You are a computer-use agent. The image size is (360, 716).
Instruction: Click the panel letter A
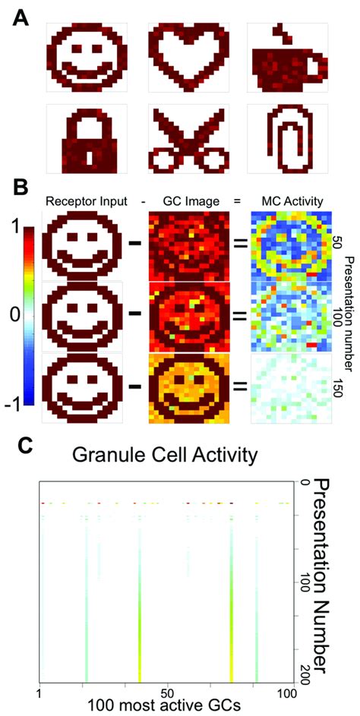(23, 17)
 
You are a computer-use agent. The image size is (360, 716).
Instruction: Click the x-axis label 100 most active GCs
(165, 705)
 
